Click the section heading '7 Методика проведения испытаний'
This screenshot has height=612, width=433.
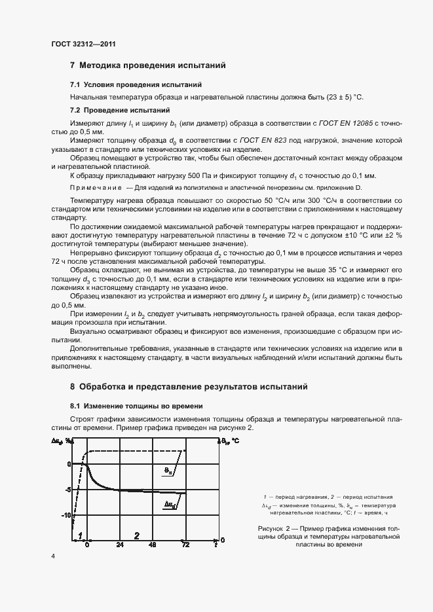[147, 65]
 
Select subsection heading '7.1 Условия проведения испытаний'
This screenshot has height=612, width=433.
[136, 85]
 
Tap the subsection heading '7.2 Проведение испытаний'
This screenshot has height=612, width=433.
[120, 110]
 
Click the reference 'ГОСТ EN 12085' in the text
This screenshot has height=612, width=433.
[343, 123]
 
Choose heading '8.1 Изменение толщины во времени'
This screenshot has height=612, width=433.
[136, 406]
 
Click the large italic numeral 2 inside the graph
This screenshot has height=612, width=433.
[136, 535]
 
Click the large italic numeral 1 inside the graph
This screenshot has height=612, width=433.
[79, 535]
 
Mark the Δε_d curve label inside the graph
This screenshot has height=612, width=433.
[169, 504]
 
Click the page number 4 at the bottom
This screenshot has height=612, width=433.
[53, 556]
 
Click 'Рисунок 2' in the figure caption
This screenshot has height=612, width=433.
[276, 528]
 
